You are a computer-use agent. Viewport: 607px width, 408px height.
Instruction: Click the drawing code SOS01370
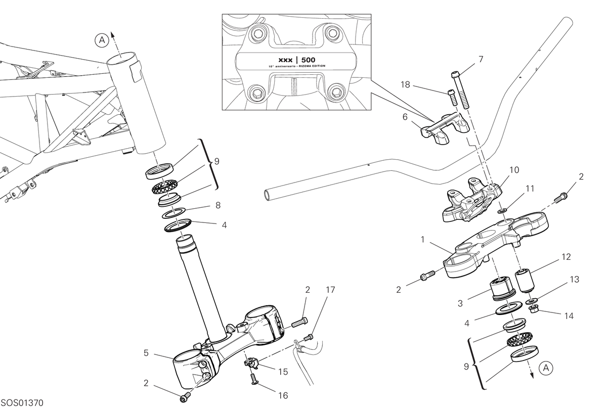tap(22, 402)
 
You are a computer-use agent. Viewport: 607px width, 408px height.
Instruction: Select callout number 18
tap(405, 85)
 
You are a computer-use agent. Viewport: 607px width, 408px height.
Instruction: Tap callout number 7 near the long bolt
tap(481, 59)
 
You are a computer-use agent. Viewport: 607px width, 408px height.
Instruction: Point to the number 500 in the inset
tap(309, 60)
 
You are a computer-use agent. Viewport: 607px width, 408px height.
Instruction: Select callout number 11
tap(530, 189)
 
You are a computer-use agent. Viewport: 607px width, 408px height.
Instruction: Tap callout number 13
tap(575, 279)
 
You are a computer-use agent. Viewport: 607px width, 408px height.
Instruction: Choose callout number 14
tap(569, 316)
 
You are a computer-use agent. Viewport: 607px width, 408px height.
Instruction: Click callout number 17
tap(330, 290)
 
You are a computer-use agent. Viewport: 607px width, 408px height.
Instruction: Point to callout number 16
tap(283, 395)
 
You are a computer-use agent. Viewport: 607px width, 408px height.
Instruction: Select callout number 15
tap(283, 372)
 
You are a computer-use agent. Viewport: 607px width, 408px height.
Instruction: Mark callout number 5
tap(146, 353)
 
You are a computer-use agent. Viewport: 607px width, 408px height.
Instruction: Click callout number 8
tap(218, 205)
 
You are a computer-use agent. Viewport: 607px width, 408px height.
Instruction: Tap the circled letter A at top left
tap(102, 40)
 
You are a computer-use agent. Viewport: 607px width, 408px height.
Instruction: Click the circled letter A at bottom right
tap(546, 368)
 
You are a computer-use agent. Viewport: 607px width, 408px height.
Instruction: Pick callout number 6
tap(405, 117)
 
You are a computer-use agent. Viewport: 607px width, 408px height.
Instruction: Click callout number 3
tap(460, 303)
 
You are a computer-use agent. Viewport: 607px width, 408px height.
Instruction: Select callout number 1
tap(422, 240)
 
